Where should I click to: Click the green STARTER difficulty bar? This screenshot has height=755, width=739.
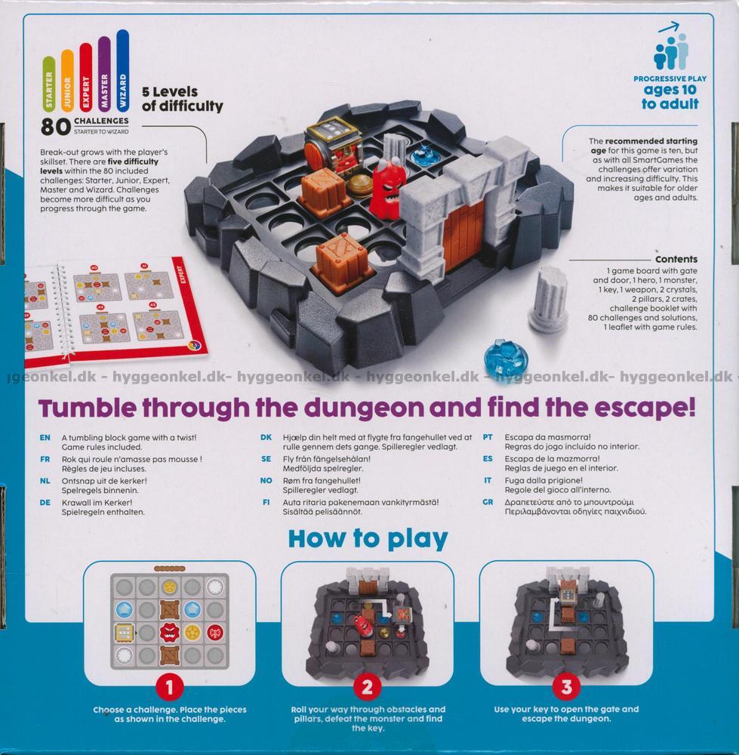(48, 84)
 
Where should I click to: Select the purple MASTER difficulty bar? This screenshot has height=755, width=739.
(104, 74)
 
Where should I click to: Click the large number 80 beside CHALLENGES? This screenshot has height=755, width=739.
(56, 127)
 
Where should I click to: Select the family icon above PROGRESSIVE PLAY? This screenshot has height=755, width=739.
(670, 50)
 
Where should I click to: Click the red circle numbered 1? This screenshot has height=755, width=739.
(170, 687)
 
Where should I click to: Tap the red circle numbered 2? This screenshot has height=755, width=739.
(368, 687)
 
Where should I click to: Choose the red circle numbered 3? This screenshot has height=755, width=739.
(567, 687)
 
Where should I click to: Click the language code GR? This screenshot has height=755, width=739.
(488, 502)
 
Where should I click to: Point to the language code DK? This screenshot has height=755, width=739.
(266, 437)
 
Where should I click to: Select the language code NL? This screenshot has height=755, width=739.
(45, 480)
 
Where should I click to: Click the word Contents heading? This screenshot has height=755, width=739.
(676, 259)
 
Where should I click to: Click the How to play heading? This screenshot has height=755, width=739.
(368, 538)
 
